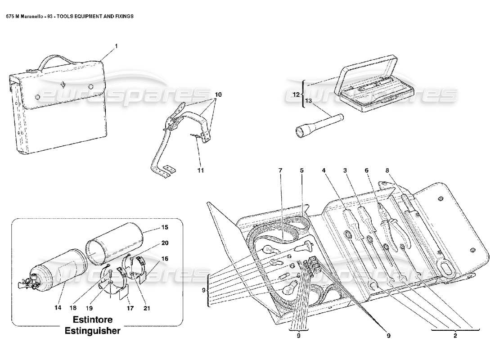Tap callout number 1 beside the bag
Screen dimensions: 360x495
coord(116,46)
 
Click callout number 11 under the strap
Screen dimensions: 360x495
coord(200,171)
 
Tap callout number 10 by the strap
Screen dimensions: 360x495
coord(218,95)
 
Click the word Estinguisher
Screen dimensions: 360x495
coord(97,331)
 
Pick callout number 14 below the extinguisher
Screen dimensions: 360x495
coord(58,308)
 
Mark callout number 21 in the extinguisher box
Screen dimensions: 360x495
coord(147,308)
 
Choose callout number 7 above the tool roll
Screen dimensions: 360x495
coord(280,171)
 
